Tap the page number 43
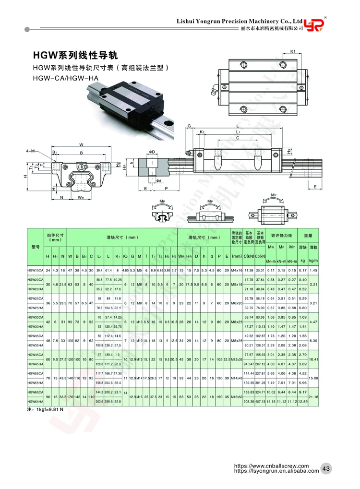[x=326, y=469]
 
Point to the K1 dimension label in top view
[x=292, y=51]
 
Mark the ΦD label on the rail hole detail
[x=152, y=153]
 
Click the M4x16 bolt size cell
[x=236, y=271]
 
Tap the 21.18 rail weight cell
[x=314, y=397]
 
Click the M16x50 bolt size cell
[x=236, y=397]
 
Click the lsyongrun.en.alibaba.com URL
[x=276, y=471]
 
